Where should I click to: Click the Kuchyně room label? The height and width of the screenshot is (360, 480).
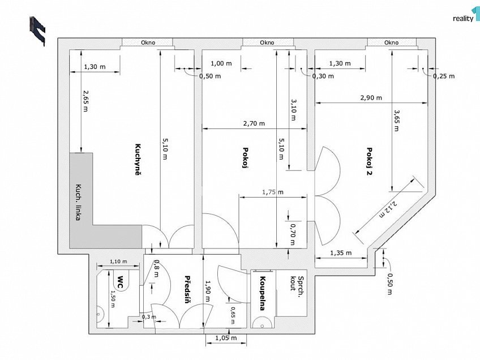138,160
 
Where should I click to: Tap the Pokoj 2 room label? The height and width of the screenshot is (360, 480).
370,161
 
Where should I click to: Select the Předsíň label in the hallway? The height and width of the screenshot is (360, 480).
187,289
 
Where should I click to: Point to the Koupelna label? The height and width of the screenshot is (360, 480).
262,293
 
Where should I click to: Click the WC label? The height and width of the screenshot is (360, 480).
121,282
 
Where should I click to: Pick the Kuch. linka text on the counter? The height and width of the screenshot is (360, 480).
78,202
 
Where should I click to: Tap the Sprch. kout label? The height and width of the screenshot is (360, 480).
297,284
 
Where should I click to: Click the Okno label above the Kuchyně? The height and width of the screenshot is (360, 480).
148,42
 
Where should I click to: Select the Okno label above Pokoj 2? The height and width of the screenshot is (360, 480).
392,42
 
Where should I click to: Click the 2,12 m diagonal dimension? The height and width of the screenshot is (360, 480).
388,209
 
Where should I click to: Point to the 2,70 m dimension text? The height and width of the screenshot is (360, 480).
254,123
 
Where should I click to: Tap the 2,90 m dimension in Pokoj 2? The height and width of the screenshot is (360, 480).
371,98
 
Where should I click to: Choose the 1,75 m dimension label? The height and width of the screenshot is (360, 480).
273,192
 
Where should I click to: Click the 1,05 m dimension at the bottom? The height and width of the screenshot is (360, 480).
226,338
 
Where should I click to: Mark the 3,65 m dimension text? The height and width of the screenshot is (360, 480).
396,121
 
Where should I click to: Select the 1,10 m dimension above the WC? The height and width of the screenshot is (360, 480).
118,262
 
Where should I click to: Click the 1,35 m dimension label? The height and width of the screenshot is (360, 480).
341,253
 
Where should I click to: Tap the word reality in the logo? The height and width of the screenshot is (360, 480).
463,19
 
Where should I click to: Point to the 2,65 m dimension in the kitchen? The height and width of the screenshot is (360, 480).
85,101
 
